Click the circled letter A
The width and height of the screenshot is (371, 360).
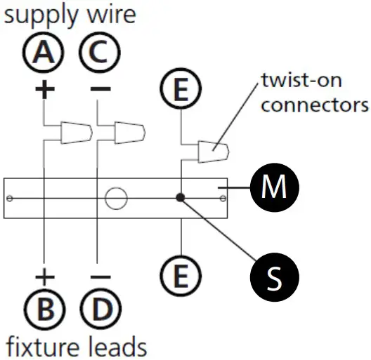coord(44,53)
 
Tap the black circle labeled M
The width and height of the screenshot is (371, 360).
coord(275,188)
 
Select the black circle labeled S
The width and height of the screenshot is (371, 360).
coord(275,276)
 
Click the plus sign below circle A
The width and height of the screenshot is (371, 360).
coord(44,91)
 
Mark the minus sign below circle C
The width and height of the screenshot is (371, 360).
coord(100,90)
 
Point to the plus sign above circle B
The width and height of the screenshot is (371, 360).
coord(44,276)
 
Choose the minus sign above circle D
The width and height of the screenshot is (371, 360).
coord(100,277)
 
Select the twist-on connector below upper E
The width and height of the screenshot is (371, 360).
coord(213,151)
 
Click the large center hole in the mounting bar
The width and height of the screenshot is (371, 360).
coord(115,198)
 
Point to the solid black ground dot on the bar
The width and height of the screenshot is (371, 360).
coord(181,198)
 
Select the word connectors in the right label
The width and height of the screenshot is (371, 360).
coord(313,106)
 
